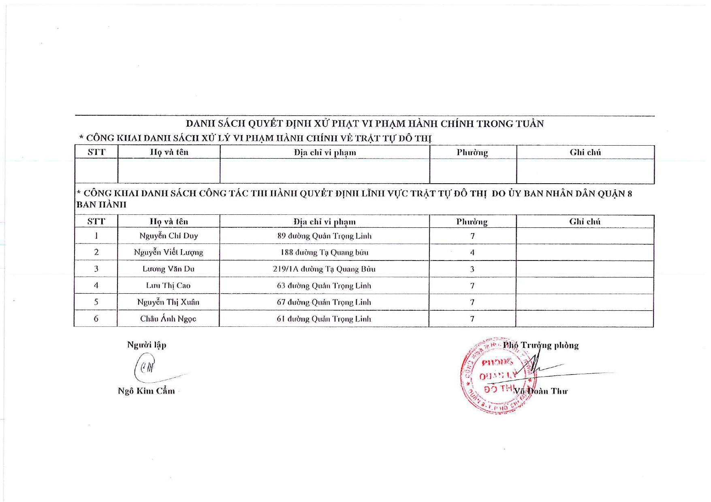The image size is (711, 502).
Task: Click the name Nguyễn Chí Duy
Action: tap(169, 236)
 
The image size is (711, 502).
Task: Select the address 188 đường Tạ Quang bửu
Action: tap(324, 252)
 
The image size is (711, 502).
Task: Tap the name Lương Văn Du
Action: tap(168, 269)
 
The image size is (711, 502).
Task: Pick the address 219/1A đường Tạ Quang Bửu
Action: tap(324, 269)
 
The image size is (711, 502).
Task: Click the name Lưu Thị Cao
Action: tap(168, 286)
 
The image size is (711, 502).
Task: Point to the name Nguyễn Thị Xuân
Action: tap(168, 302)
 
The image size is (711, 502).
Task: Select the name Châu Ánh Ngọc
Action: tap(168, 319)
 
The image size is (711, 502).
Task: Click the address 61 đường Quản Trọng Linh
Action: tap(324, 319)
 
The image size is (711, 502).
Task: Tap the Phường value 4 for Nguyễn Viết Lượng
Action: tap(472, 253)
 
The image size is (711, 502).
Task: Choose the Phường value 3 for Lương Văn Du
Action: tap(472, 269)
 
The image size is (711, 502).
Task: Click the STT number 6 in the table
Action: tap(96, 319)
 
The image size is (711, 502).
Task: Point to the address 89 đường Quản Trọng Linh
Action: tap(324, 236)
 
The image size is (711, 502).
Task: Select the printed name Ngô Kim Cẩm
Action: tap(146, 391)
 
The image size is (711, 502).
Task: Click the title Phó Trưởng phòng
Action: tap(540, 345)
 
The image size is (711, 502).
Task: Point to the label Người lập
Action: tap(147, 345)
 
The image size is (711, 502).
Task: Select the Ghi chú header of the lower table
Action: tap(585, 222)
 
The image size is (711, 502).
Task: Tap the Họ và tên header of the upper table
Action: tap(169, 153)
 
